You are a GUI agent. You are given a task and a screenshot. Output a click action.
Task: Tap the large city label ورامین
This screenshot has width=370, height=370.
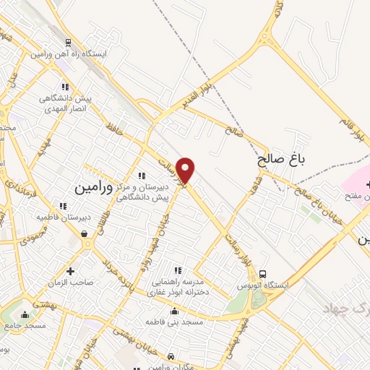tap(92, 186)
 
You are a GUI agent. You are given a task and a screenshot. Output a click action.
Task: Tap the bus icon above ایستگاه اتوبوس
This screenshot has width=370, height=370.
tap(263, 275)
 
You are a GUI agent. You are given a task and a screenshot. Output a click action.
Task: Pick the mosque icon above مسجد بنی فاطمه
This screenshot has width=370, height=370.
tap(173, 311)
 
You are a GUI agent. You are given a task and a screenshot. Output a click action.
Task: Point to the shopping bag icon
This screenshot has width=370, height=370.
tap(85, 233)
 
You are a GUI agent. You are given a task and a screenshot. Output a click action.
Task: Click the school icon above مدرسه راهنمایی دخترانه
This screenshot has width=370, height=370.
tap(177, 270)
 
